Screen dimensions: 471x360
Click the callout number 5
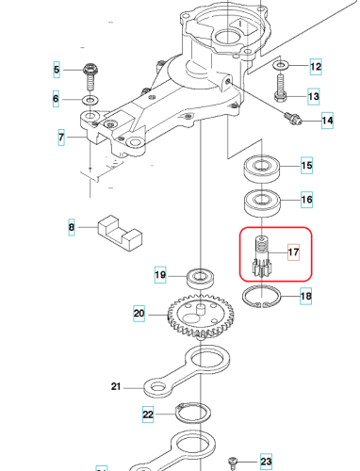click(x=56, y=71)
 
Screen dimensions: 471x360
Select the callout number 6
click(x=56, y=98)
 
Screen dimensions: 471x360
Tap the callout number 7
click(x=60, y=138)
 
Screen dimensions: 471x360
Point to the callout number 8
click(x=70, y=227)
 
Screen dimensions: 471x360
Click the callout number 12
click(x=316, y=67)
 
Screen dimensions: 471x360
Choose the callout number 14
click(x=327, y=120)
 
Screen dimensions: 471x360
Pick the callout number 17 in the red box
click(x=292, y=252)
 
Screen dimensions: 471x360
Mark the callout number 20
click(x=139, y=314)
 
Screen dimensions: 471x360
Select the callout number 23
click(x=265, y=462)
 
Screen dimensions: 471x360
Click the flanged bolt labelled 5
click(x=90, y=71)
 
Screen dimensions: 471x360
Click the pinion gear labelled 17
click(x=261, y=256)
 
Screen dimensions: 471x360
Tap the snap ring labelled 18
click(x=261, y=298)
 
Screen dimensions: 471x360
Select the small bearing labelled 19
click(x=199, y=276)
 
